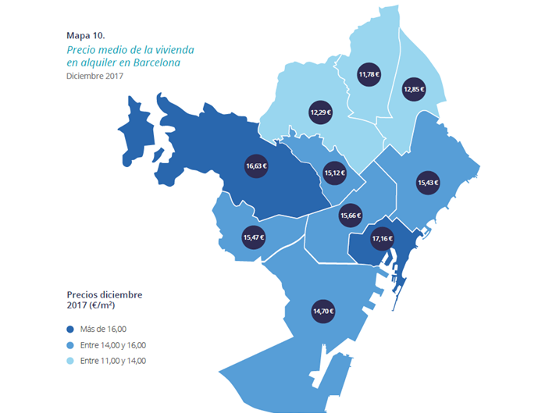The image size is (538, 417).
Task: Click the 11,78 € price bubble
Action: pos(369,75)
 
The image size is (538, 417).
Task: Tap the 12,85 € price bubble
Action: pos(414,89)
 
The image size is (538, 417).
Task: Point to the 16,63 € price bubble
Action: pos(257,166)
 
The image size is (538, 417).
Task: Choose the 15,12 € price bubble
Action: pos(334,170)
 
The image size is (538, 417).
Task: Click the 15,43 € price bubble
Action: pos(428,183)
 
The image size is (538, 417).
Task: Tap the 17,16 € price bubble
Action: pos(382,238)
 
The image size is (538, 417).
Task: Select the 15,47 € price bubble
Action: pos(254,237)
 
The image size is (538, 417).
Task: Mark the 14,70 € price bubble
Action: pos(322,311)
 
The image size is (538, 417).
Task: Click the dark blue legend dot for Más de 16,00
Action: pos(70,330)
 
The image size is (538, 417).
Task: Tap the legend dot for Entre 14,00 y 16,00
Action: pos(70,345)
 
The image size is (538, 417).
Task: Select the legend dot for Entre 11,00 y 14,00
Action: pos(70,361)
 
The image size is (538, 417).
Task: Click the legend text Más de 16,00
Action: pos(104,330)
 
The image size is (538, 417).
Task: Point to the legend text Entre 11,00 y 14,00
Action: pos(113,361)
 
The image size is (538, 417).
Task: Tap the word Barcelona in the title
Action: pos(154,62)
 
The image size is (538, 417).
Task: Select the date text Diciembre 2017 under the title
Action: pos(94,77)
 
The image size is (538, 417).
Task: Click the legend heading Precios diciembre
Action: pos(104,294)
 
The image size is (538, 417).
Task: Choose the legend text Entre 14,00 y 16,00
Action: pos(113,345)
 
